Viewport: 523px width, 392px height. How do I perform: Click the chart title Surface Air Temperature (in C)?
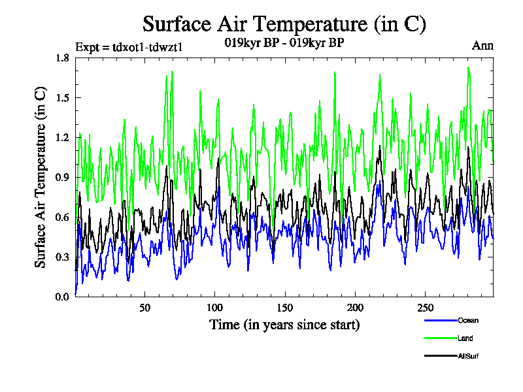[284, 24]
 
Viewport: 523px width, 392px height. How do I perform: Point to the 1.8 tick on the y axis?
[63, 58]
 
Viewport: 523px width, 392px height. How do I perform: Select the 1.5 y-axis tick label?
[63, 98]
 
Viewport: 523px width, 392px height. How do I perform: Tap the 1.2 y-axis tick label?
[63, 138]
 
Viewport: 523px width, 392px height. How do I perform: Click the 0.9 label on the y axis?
[63, 178]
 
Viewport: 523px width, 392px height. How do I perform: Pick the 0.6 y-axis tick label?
[63, 218]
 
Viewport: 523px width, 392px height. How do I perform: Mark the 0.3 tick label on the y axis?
[63, 257]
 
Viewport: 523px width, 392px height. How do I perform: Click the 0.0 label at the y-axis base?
[63, 297]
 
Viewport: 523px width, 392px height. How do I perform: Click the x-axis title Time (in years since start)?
[284, 325]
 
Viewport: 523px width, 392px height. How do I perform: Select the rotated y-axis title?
[40, 178]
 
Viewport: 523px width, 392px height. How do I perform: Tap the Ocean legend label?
[468, 320]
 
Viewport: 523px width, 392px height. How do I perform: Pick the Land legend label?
[465, 338]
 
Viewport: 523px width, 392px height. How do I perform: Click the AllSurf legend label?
[468, 356]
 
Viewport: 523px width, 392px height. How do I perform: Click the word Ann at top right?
[482, 46]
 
